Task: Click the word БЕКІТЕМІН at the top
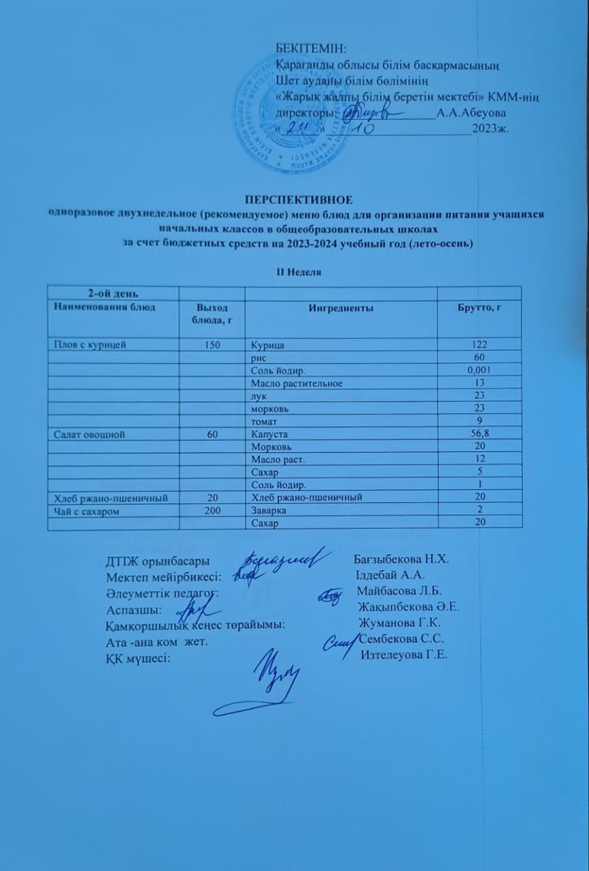click(x=311, y=48)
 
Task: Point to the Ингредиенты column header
click(x=341, y=308)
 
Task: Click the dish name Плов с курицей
click(x=86, y=345)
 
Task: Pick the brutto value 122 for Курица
click(x=480, y=345)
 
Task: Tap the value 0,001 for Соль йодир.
click(x=480, y=370)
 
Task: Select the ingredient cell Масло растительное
click(x=297, y=383)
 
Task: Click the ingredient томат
click(x=263, y=421)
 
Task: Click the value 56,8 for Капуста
click(x=480, y=433)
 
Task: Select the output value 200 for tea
click(x=212, y=510)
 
